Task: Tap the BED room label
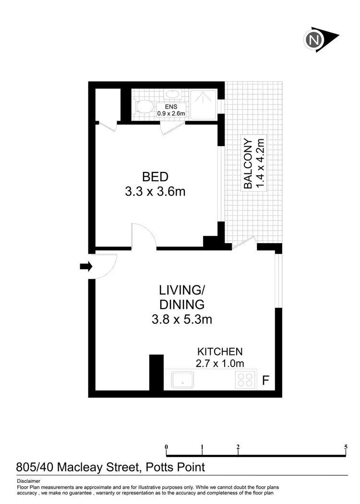[x=155, y=176]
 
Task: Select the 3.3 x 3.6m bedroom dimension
[x=155, y=192]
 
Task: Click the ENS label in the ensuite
[x=171, y=107]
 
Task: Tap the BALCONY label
[x=248, y=164]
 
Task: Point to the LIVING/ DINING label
[x=182, y=297]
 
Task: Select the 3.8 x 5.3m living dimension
[x=182, y=319]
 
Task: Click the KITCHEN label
[x=220, y=352]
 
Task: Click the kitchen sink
[x=179, y=380]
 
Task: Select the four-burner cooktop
[x=244, y=380]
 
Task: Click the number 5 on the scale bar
[x=346, y=447]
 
